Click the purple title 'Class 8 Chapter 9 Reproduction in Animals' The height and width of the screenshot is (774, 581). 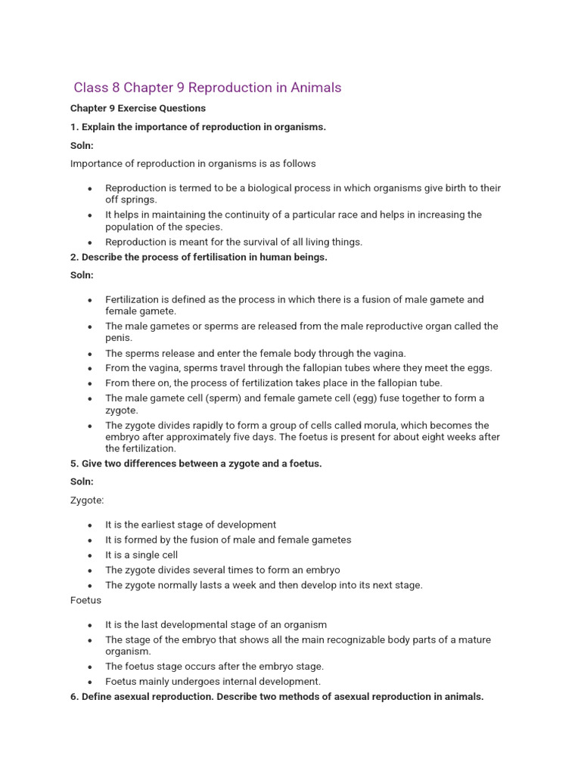[207, 88]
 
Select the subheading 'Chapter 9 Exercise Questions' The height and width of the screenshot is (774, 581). [138, 108]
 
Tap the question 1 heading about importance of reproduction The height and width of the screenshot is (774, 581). [198, 127]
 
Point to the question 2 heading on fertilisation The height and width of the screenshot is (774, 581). [198, 257]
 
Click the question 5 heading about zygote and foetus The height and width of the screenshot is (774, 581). [196, 463]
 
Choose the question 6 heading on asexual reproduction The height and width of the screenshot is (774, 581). [277, 696]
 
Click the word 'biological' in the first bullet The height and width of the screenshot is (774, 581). [265, 188]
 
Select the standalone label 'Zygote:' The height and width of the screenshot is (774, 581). [87, 500]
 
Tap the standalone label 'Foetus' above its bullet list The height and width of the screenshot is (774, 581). [85, 600]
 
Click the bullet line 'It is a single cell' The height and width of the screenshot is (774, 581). [141, 555]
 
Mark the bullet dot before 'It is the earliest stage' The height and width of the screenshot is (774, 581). [90, 525]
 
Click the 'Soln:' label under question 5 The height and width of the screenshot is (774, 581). [82, 481]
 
